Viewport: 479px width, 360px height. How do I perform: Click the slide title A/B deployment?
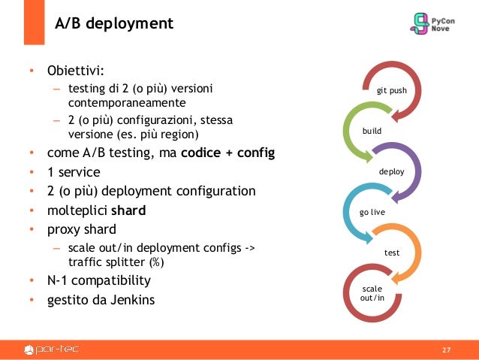coord(114,25)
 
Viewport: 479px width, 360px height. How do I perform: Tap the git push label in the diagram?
coord(391,91)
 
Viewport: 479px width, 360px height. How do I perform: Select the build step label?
coord(372,132)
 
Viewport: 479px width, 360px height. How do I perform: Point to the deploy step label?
coord(391,172)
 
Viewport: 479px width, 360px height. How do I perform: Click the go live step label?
coord(372,213)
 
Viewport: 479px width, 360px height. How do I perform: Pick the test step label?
coord(391,253)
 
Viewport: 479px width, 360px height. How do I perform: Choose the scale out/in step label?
coord(372,294)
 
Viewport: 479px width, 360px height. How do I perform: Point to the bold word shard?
coord(128,210)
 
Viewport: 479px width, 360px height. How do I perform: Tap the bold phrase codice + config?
coord(227,154)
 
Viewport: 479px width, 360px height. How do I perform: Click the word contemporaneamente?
coord(125,102)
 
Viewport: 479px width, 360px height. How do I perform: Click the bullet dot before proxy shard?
coord(32,229)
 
